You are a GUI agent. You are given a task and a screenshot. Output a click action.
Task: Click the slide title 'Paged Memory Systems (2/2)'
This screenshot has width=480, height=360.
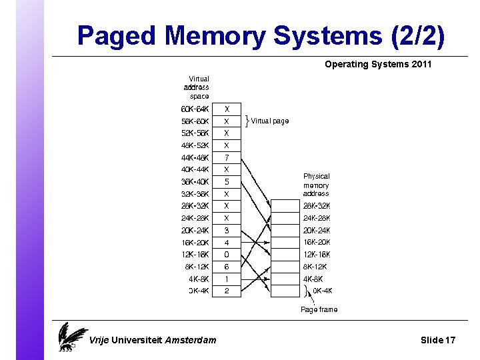261,36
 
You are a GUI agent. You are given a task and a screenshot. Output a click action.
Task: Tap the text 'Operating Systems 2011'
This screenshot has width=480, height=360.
378,65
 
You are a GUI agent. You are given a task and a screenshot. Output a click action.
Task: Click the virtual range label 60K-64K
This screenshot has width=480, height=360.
195,109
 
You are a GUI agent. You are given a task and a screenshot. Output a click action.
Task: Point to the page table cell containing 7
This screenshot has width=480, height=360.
227,157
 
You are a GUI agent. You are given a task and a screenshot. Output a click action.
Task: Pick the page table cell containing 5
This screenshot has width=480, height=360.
227,181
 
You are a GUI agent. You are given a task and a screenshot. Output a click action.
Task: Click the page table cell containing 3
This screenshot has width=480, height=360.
227,230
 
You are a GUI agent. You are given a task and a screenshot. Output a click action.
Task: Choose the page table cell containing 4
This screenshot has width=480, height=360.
227,243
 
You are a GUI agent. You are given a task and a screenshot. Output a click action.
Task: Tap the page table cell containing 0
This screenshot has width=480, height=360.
227,255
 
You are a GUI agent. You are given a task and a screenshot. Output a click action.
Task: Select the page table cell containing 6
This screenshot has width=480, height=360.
227,267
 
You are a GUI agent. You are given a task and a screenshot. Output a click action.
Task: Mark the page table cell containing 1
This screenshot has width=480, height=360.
227,279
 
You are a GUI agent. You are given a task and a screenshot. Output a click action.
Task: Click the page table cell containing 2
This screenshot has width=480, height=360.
227,291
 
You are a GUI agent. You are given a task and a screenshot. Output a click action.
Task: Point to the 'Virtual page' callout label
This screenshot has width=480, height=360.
270,121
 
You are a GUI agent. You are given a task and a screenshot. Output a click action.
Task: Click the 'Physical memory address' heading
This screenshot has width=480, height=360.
317,185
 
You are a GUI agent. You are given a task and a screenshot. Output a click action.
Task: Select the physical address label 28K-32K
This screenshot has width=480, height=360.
317,206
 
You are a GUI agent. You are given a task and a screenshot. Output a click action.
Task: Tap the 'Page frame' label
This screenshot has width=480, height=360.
319,310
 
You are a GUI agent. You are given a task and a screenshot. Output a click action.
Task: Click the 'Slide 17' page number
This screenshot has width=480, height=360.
438,340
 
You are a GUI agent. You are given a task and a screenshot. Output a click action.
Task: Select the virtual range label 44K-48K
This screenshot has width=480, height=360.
195,157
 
